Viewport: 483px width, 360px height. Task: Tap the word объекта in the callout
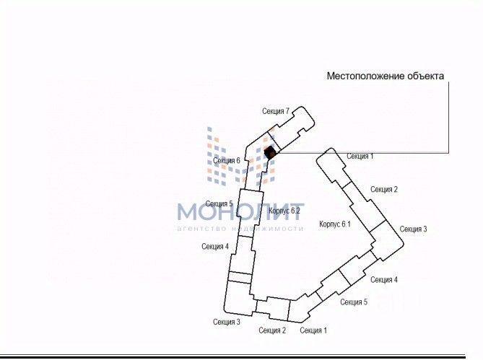click(x=425, y=76)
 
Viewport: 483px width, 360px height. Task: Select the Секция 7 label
click(x=276, y=111)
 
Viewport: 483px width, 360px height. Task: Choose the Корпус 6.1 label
click(x=334, y=225)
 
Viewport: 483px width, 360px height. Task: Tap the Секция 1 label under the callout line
click(x=360, y=156)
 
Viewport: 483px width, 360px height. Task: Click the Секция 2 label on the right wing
click(x=384, y=190)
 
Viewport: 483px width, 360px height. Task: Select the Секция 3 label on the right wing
click(x=413, y=229)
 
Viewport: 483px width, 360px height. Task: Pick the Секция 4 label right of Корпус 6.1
click(x=383, y=280)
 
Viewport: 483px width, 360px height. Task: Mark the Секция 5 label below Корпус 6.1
click(x=354, y=302)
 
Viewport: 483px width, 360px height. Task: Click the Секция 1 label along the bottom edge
click(x=313, y=330)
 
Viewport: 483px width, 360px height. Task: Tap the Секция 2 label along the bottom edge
click(x=273, y=330)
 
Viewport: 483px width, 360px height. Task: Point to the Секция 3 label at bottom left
click(x=227, y=322)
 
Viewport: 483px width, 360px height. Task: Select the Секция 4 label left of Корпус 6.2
click(x=215, y=247)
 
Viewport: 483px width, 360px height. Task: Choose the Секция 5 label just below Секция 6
click(x=219, y=204)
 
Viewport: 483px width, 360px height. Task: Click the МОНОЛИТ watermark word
click(x=241, y=211)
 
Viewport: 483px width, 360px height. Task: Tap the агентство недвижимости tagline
click(x=240, y=229)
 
